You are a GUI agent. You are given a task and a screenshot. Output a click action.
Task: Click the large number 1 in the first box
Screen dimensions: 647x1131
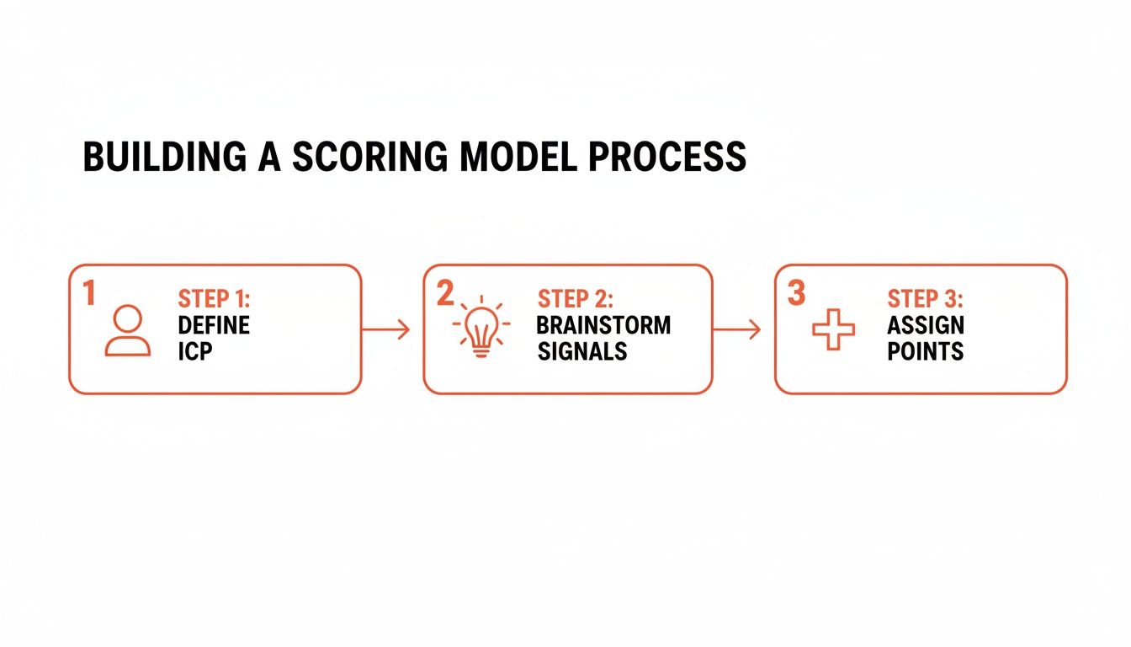tap(89, 292)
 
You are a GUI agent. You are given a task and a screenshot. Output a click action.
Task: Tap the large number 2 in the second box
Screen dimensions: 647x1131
tap(445, 292)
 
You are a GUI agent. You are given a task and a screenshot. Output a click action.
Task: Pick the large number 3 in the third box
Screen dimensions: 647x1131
tap(796, 292)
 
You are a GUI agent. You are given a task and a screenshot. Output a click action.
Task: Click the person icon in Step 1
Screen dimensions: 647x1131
tap(128, 330)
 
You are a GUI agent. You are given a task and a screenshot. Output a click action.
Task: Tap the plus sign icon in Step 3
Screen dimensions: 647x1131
tap(833, 329)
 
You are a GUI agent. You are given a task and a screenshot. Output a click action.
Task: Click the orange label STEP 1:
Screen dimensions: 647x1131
tap(215, 300)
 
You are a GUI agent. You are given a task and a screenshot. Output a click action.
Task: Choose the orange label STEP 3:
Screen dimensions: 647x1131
tap(926, 300)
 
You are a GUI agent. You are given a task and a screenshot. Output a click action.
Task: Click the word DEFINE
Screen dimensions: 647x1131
tap(214, 325)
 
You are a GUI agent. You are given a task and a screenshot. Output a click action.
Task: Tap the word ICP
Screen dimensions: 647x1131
tap(195, 351)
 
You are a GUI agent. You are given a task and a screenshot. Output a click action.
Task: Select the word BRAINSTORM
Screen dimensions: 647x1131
tap(603, 325)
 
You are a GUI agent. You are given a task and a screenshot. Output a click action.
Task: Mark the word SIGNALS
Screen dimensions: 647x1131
tap(582, 351)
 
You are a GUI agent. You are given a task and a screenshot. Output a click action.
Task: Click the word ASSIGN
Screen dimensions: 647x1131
tap(926, 325)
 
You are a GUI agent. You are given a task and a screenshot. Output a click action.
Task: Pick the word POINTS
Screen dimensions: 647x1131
tap(925, 351)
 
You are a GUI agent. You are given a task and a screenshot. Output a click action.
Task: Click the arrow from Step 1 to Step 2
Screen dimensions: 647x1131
tap(385, 330)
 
